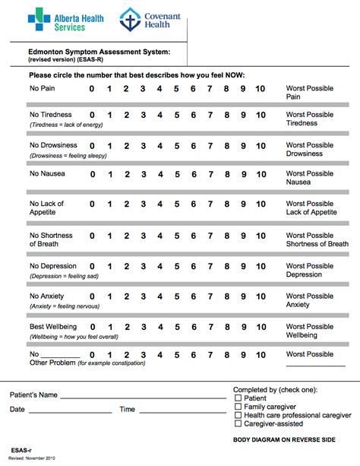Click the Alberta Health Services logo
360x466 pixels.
56,20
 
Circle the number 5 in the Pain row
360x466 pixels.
176,89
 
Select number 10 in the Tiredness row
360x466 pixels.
260,116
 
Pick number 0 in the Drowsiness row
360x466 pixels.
92,146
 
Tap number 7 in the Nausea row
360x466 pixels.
210,175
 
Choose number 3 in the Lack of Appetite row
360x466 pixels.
143,204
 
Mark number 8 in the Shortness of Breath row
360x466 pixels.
226,236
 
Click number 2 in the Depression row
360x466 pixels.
126,267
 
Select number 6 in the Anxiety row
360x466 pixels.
193,296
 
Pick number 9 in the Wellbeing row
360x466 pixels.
243,327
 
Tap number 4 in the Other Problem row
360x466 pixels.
159,355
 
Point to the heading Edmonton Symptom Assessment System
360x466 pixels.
99,51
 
